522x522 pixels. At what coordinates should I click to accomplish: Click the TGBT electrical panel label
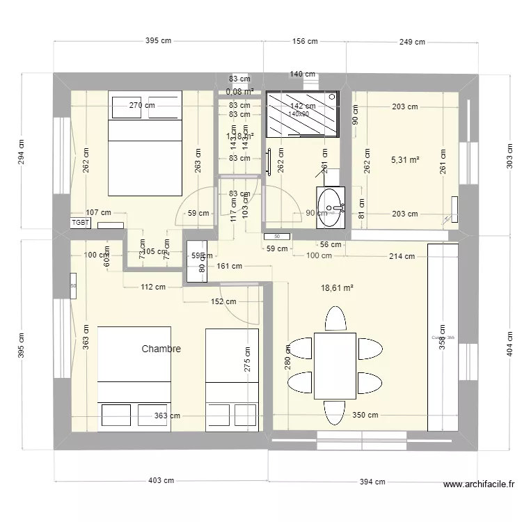tap(81, 223)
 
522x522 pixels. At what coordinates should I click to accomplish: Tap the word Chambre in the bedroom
tap(161, 349)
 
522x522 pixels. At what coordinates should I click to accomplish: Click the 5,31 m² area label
tap(405, 160)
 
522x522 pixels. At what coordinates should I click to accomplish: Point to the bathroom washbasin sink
tap(331, 207)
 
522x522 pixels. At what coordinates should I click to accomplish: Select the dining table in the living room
tap(335, 365)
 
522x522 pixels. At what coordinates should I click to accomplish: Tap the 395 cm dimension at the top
tap(158, 41)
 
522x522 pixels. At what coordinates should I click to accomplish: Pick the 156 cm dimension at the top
tap(304, 41)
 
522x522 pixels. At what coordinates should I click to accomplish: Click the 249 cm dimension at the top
tap(412, 42)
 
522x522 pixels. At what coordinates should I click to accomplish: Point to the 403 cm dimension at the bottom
tap(161, 481)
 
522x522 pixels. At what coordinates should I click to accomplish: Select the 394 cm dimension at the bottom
tap(372, 482)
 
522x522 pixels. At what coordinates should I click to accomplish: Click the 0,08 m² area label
tap(239, 90)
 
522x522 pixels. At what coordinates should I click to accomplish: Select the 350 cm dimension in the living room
tap(365, 416)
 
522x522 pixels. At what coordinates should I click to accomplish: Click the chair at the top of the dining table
tap(335, 320)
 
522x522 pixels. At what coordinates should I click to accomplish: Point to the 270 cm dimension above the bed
tap(142, 105)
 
